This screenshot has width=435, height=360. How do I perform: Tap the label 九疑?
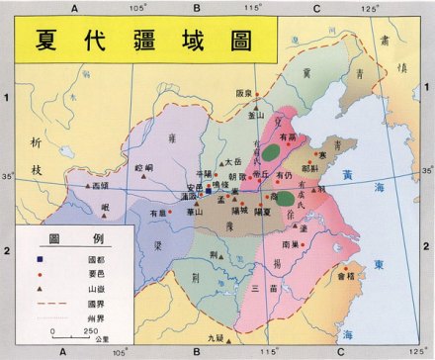[x=216, y=338]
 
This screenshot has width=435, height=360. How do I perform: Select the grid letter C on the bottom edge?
[x=341, y=351]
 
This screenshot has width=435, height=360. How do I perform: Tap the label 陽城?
[x=239, y=211]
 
